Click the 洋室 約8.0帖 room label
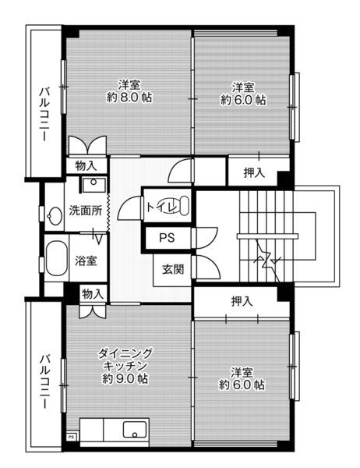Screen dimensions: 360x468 click(129, 91)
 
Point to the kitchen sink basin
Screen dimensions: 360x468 click(135, 430)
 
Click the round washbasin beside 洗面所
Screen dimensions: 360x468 click(55, 216)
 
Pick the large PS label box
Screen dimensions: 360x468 click(168, 238)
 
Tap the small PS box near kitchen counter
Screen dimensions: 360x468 click(71, 436)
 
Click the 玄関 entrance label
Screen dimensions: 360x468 click(173, 270)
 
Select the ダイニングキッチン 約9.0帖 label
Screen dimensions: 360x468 click(125, 366)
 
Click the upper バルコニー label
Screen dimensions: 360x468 click(45, 114)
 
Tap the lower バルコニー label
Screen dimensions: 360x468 click(45, 381)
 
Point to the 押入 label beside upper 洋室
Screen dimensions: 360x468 click(254, 172)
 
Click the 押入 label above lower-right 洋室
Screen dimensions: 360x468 click(242, 301)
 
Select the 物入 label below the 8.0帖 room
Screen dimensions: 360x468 click(86, 165)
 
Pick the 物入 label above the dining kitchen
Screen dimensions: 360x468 click(93, 294)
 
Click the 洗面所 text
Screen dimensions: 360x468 click(86, 211)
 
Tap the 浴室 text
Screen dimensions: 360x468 click(86, 261)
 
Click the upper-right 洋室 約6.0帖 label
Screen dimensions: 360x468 click(243, 94)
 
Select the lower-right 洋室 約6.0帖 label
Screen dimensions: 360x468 click(242, 378)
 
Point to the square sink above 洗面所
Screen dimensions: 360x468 click(94, 185)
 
